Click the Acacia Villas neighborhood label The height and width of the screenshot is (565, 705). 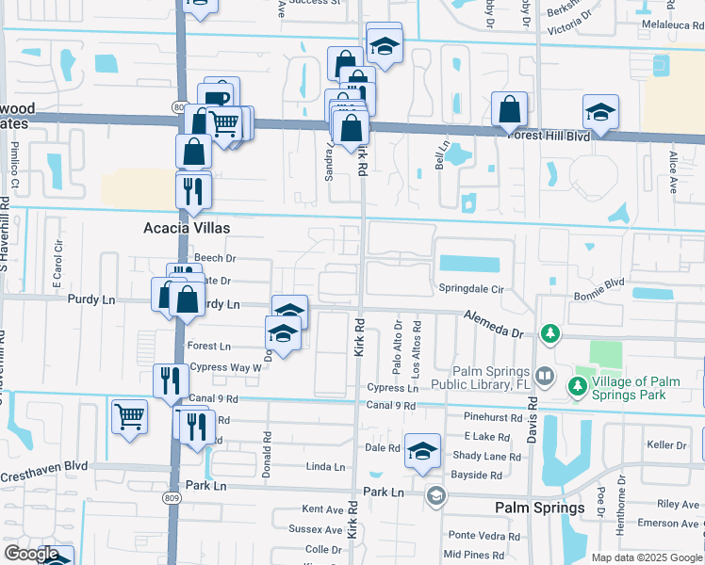[x=187, y=228]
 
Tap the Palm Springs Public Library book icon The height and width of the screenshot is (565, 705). [x=544, y=377]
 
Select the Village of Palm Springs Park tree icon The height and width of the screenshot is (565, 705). [x=576, y=386]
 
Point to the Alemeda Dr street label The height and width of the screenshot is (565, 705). [x=492, y=325]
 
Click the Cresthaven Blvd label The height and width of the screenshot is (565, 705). [x=43, y=466]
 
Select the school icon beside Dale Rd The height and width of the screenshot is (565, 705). [x=423, y=450]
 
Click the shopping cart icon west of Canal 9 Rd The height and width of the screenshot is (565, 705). [x=129, y=416]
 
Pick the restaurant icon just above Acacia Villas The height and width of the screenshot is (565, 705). [x=193, y=189]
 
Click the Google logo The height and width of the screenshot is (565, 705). [x=32, y=554]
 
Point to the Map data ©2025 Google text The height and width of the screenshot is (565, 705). [x=646, y=557]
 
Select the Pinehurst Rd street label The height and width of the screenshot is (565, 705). [x=492, y=417]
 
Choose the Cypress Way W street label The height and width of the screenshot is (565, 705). [x=224, y=367]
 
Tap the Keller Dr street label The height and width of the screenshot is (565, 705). [x=666, y=445]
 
